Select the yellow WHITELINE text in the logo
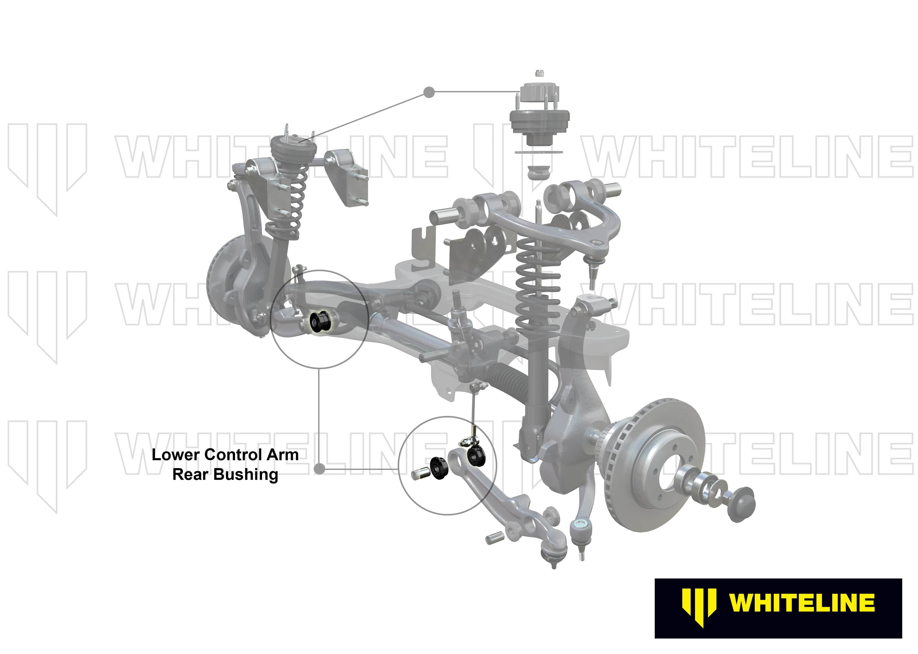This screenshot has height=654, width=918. [x=802, y=603]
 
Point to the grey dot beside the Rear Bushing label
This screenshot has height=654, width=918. [x=319, y=469]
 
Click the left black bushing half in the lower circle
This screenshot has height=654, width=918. [x=439, y=469]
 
